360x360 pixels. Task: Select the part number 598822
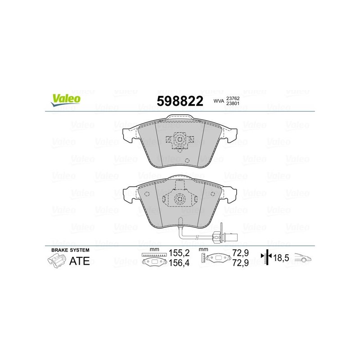(179, 100)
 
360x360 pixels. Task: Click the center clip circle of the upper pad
(179, 139)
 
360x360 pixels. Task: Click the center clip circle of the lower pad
(179, 199)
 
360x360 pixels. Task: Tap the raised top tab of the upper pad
(180, 118)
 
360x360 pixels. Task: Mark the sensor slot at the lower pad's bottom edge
(179, 220)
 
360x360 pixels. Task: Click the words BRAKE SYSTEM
(67, 249)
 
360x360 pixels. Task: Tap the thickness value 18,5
(282, 258)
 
